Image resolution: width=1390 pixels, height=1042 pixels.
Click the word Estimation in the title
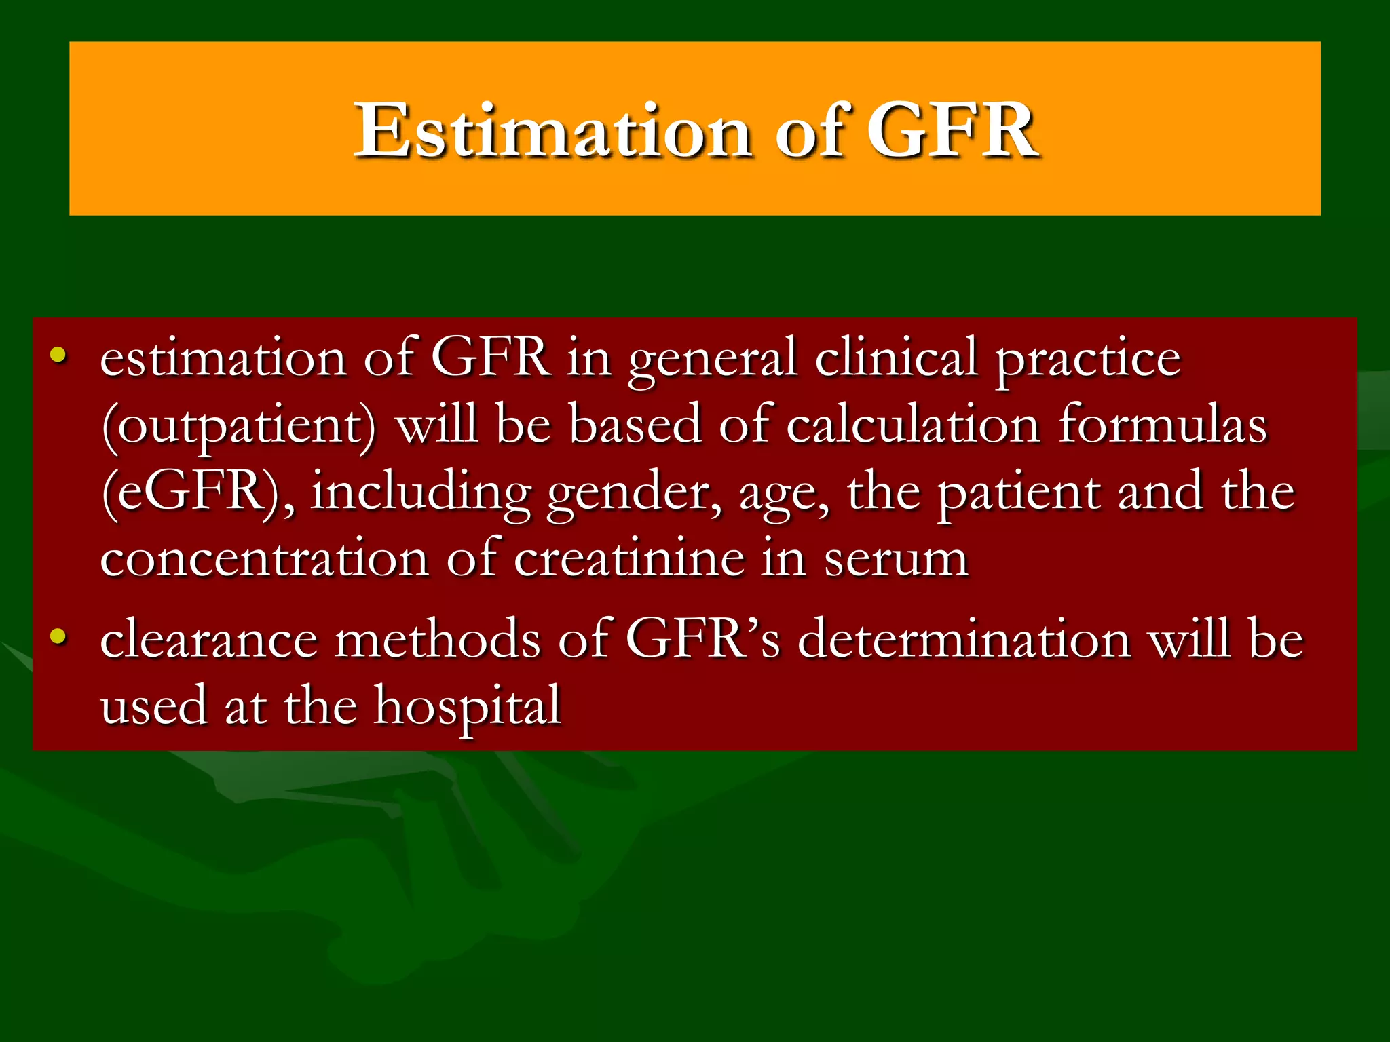tap(552, 130)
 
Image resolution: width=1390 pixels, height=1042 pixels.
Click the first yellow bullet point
tap(58, 354)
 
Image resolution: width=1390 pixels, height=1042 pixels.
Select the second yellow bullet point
tap(58, 636)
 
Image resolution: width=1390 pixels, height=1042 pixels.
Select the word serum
tap(896, 560)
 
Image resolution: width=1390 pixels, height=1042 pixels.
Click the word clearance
tap(209, 639)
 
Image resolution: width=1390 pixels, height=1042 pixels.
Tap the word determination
tap(964, 639)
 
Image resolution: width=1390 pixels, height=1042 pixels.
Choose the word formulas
tap(1162, 426)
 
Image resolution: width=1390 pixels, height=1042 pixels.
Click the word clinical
tap(896, 358)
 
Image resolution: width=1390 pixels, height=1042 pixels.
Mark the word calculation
tap(913, 426)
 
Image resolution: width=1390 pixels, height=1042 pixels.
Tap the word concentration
tap(265, 559)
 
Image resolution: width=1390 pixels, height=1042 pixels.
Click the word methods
tap(438, 639)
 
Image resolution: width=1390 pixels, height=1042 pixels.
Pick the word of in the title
tap(812, 130)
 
